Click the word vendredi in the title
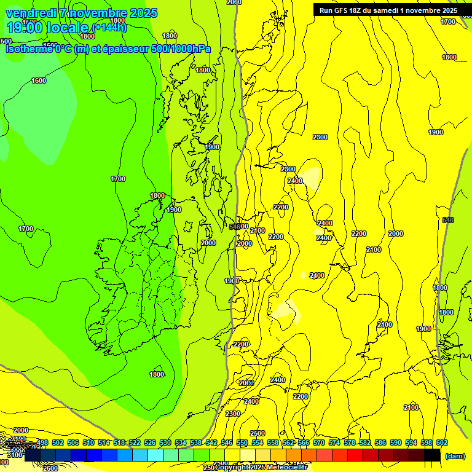pyautogui.click(x=31, y=13)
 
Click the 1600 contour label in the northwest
pyautogui.click(x=39, y=81)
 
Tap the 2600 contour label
pyautogui.click(x=51, y=468)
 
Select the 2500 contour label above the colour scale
pyautogui.click(x=258, y=433)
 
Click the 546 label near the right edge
pyautogui.click(x=448, y=219)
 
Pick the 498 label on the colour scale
pyautogui.click(x=42, y=442)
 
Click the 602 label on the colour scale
pyautogui.click(x=442, y=442)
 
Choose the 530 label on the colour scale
pyautogui.click(x=165, y=442)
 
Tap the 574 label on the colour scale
pyautogui.click(x=334, y=442)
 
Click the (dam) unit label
pyautogui.click(x=454, y=456)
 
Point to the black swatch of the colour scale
pyautogui.click(x=432, y=455)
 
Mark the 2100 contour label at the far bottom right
pyautogui.click(x=411, y=407)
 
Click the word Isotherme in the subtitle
pyautogui.click(x=28, y=49)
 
